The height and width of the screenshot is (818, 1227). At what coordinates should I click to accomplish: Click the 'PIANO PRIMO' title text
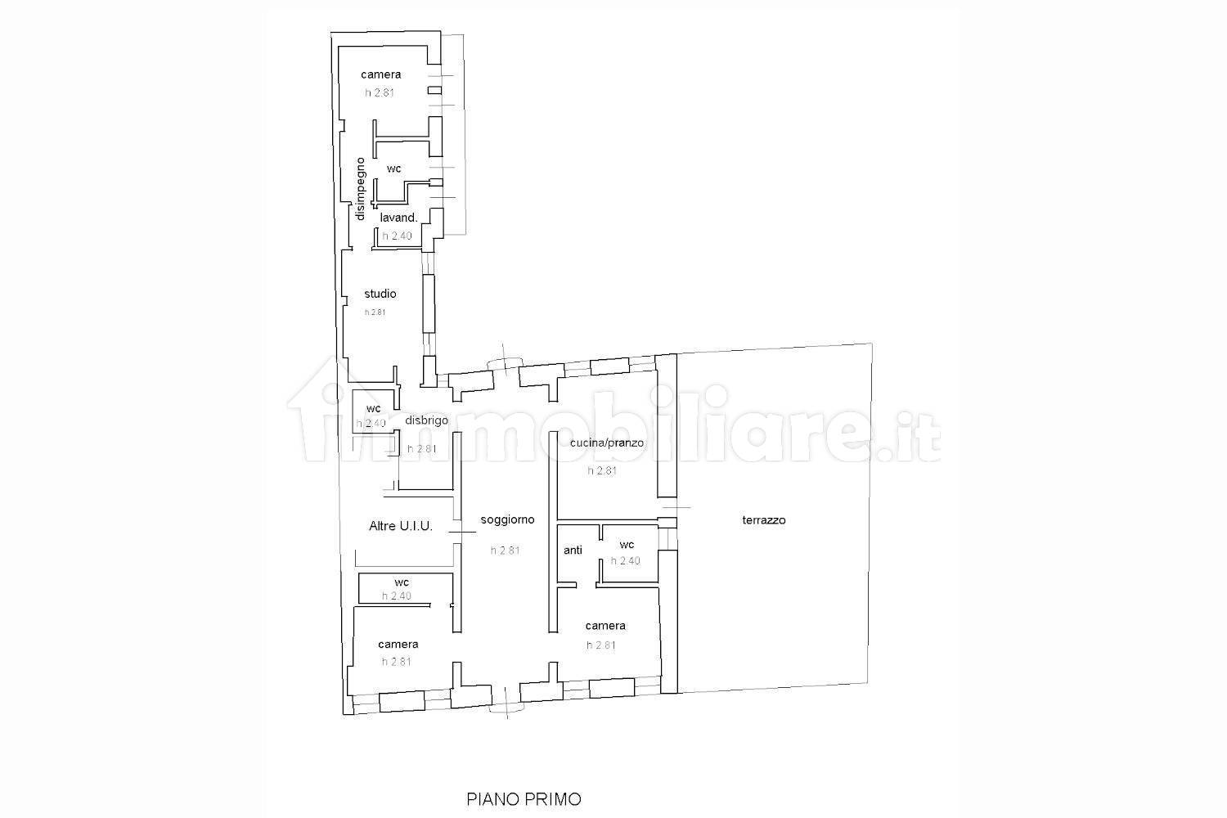point(524,799)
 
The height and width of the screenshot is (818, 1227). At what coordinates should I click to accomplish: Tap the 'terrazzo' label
point(763,520)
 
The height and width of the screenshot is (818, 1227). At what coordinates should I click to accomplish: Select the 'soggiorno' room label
point(507,519)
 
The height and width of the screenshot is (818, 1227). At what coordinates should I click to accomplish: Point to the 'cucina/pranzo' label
point(606,443)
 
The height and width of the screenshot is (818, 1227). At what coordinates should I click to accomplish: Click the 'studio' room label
point(380,294)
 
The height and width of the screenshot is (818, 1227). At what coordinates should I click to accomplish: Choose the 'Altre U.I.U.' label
point(401,526)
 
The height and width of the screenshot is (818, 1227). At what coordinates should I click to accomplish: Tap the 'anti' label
point(573,550)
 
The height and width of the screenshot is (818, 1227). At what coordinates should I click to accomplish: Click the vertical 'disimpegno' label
point(360,189)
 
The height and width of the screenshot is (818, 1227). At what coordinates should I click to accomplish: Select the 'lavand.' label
point(399,218)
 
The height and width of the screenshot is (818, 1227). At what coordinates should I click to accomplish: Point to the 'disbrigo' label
point(427,420)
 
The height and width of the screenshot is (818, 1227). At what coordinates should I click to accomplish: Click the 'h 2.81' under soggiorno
point(505,550)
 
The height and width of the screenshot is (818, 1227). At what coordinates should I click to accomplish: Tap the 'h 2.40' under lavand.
point(397,236)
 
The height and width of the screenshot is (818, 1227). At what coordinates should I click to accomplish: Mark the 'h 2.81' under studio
point(375,312)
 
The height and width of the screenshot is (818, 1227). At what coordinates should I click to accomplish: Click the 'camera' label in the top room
point(380,74)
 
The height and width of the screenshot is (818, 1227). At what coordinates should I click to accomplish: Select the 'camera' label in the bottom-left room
point(398,645)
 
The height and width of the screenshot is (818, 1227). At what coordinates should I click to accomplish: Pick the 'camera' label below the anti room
point(605,626)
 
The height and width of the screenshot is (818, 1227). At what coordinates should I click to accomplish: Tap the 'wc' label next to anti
point(627,545)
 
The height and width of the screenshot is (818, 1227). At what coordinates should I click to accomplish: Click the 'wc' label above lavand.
point(393,169)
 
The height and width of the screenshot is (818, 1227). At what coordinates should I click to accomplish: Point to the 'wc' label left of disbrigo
point(374,409)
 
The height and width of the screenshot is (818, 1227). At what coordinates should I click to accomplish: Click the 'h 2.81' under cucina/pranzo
point(602,470)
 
